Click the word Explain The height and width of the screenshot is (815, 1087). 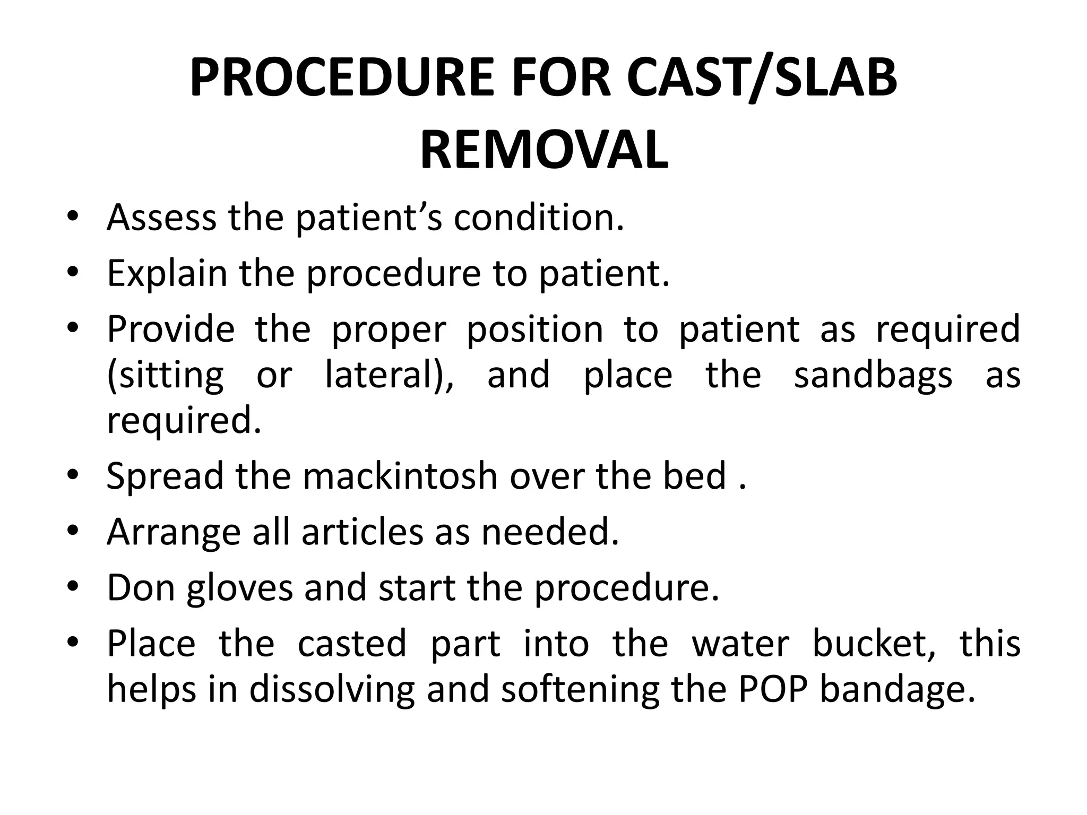coord(167,273)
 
